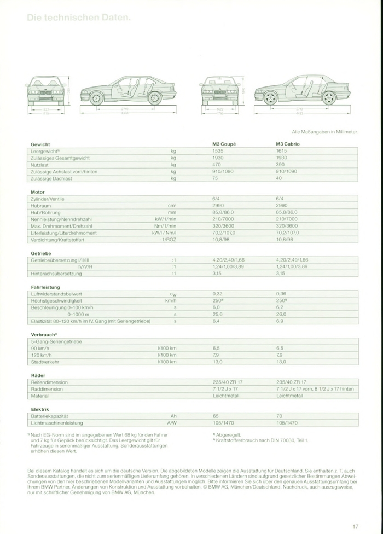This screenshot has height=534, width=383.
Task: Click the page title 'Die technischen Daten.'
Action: [79, 18]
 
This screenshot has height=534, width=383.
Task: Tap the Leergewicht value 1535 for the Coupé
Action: [218, 150]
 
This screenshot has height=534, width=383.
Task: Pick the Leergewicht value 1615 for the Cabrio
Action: [282, 150]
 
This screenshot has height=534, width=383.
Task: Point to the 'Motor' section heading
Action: [37, 192]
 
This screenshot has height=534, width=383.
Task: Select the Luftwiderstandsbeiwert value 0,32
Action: [217, 294]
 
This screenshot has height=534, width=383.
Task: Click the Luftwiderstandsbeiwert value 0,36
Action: [281, 294]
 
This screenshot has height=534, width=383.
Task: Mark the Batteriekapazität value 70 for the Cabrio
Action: [280, 416]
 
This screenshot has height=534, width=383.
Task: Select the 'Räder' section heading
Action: [38, 375]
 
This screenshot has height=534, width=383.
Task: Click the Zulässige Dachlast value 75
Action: [216, 178]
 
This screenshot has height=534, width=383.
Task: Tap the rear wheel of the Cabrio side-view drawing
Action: [328, 98]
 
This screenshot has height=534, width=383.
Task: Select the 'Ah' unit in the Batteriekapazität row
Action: [173, 416]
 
